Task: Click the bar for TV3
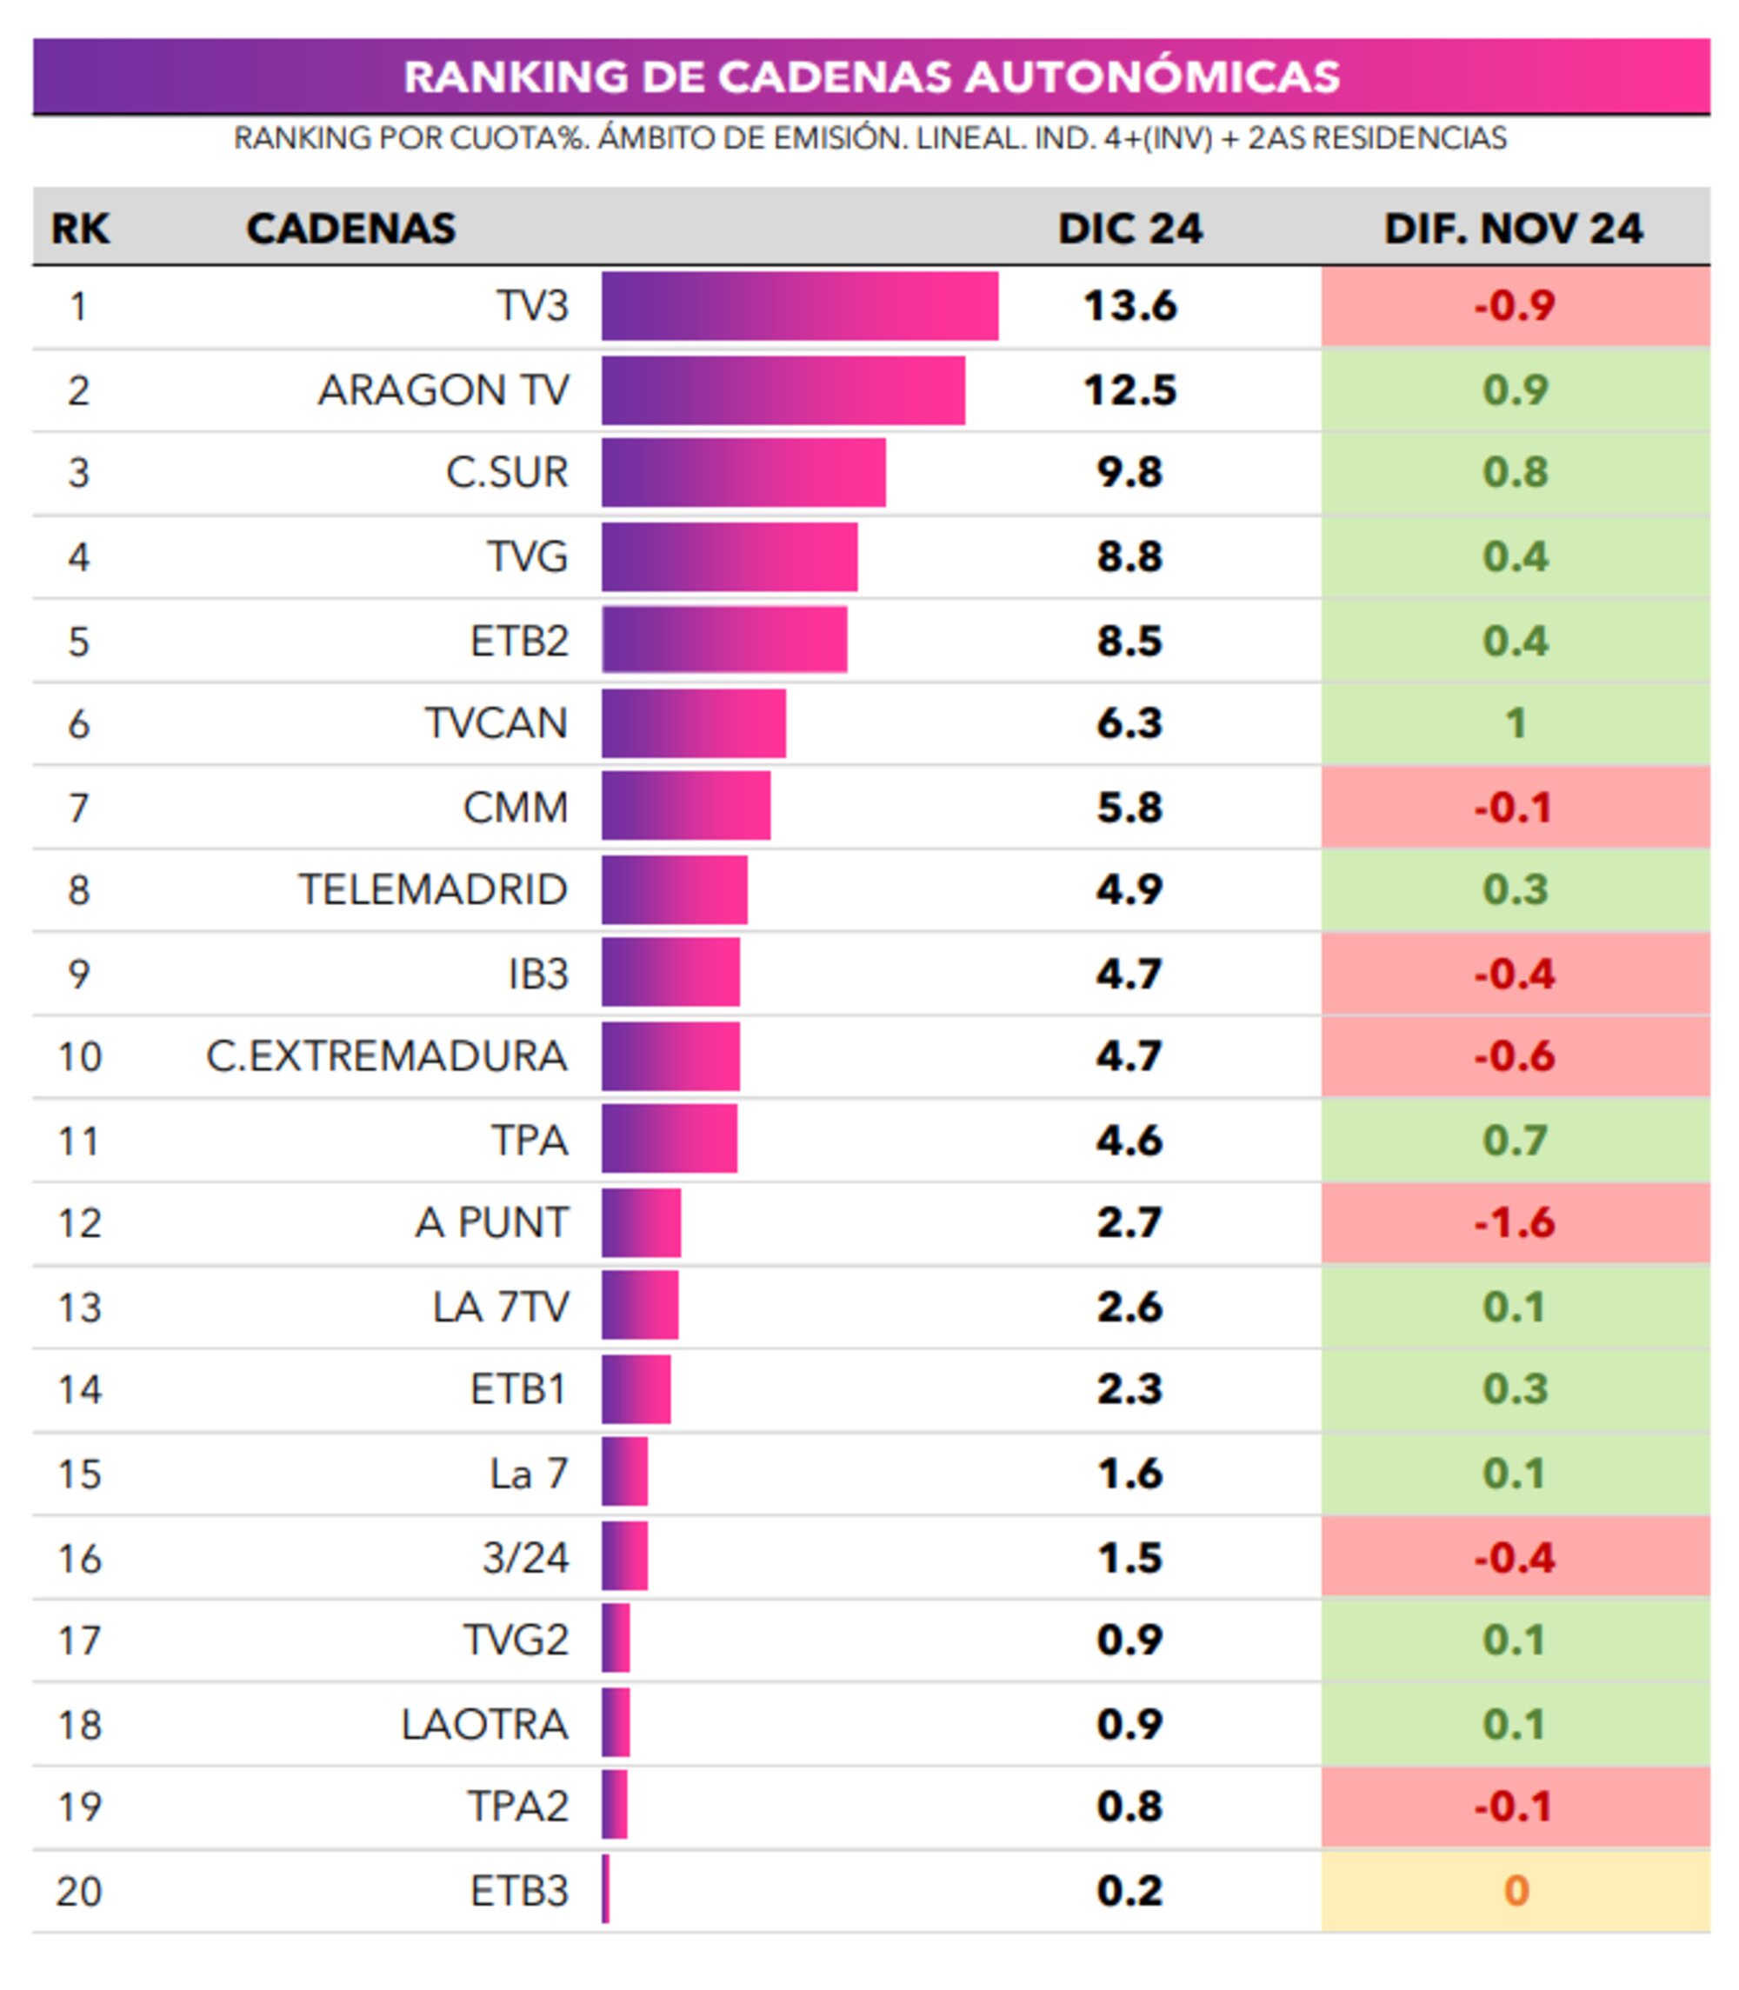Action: point(800,306)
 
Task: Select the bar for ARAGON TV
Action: point(783,390)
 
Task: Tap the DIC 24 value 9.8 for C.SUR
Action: point(1129,473)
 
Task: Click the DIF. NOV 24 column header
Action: point(1513,229)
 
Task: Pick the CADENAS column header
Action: point(350,229)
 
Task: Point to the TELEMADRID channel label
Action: point(433,889)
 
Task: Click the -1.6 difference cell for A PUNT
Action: point(1514,1222)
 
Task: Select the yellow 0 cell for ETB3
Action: point(1515,1890)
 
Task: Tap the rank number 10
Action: point(80,1056)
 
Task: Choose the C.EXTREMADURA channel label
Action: point(386,1056)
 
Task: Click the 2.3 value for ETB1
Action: point(1129,1389)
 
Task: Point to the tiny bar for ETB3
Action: point(605,1889)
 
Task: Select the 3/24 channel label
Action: point(525,1557)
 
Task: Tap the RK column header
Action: point(80,229)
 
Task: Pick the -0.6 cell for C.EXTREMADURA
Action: point(1514,1056)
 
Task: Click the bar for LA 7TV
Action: point(639,1306)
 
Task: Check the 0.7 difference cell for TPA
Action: point(1514,1140)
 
